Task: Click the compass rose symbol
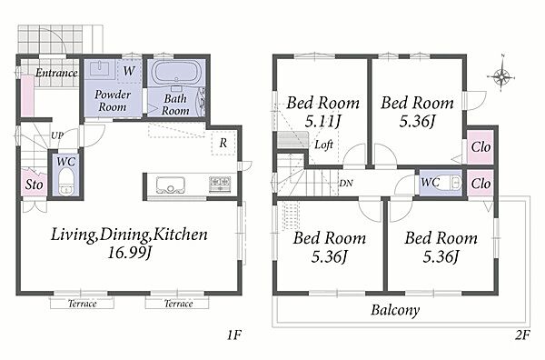[x=500, y=75]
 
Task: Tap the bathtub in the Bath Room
[x=176, y=72]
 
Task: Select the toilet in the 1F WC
[x=65, y=181]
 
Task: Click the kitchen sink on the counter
[x=171, y=185]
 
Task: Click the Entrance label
[x=56, y=73]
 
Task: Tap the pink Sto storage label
[x=34, y=185]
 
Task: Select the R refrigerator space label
[x=223, y=143]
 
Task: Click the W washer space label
[x=129, y=71]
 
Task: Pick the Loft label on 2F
[x=323, y=145]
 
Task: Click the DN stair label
[x=346, y=183]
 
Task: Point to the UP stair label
[x=57, y=135]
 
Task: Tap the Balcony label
[x=395, y=310]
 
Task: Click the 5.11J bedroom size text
[x=322, y=121]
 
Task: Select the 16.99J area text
[x=129, y=252]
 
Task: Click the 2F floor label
[x=522, y=335]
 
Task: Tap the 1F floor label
[x=234, y=335]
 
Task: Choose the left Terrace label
[x=82, y=304]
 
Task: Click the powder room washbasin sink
[x=100, y=68]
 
